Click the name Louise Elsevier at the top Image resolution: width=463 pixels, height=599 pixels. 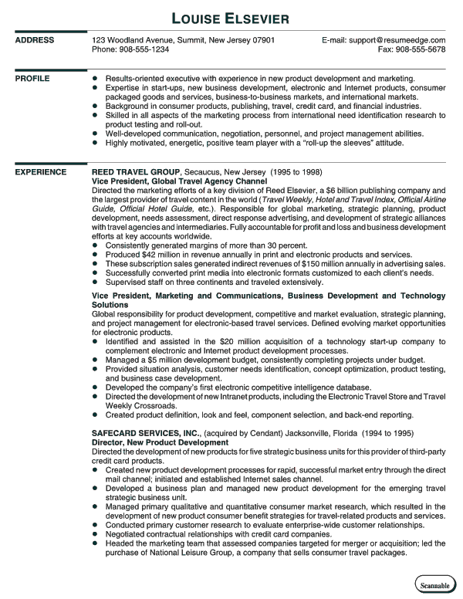coord(231,16)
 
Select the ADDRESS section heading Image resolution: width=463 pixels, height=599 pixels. coord(35,40)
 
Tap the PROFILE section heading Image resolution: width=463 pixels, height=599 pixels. coord(33,79)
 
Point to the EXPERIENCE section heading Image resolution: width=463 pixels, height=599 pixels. coord(41,172)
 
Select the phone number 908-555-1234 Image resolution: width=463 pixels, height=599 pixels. coord(143,49)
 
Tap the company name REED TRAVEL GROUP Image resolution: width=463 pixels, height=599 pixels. coord(136,172)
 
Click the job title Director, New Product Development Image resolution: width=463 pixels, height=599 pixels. coord(160,442)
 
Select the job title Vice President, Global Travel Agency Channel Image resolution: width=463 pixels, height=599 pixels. coord(179,181)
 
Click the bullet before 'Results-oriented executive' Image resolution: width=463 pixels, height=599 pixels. coord(95,79)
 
